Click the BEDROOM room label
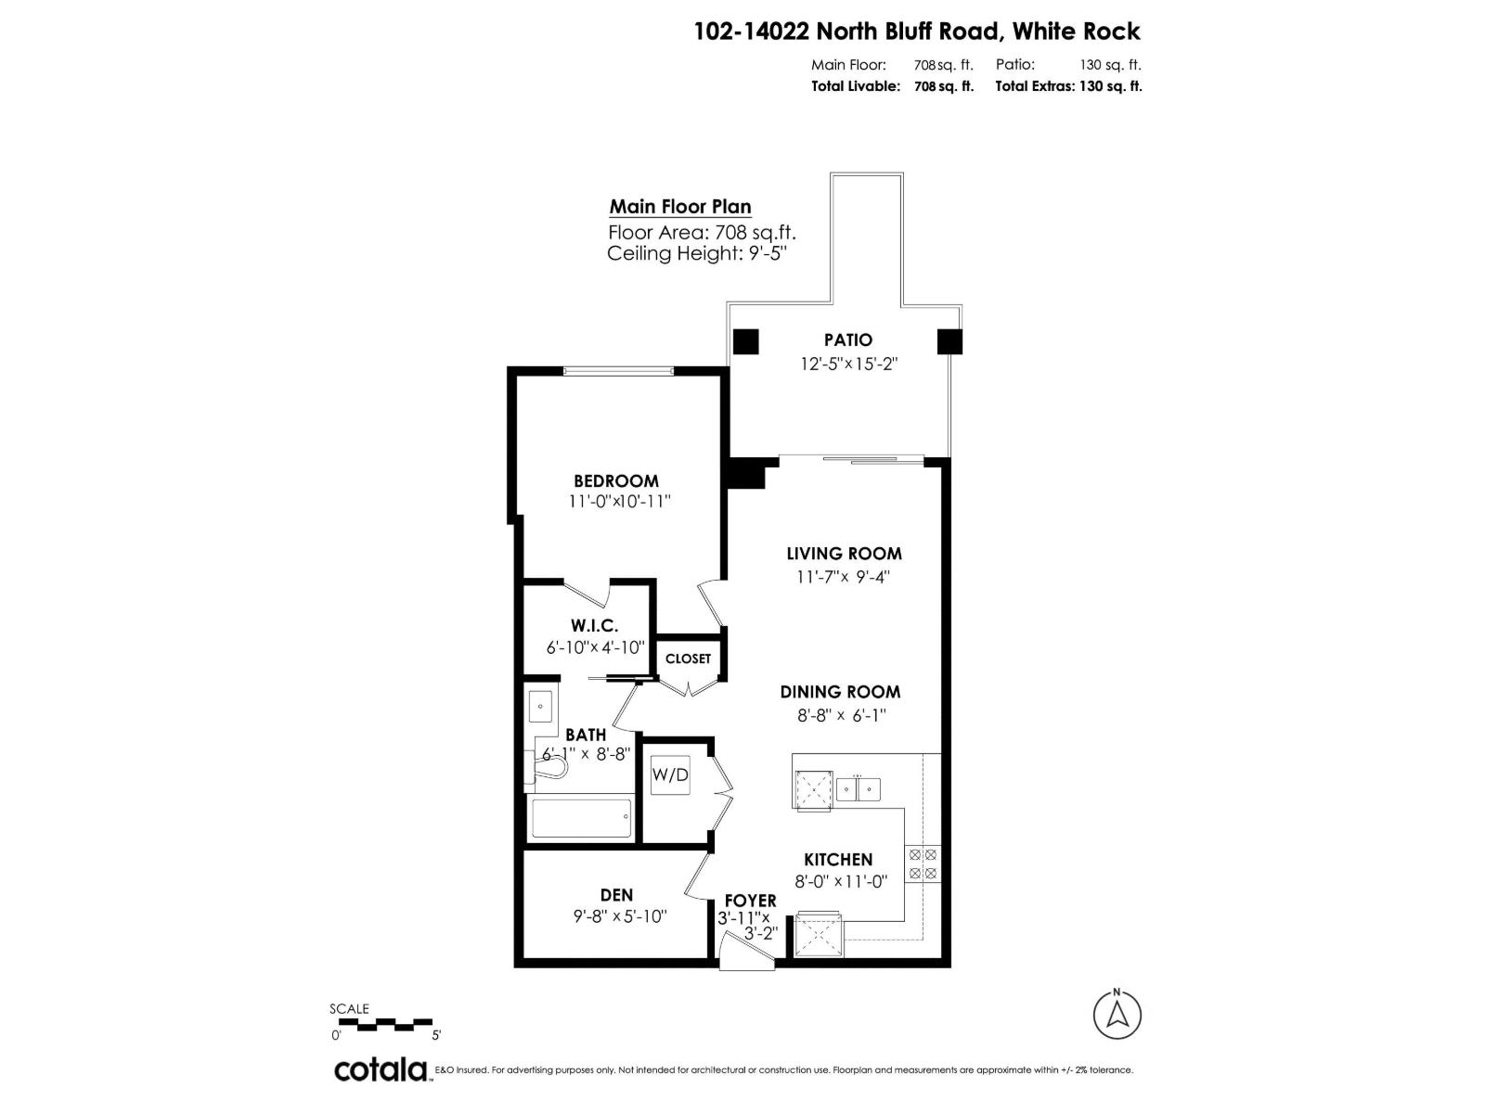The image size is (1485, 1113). click(x=616, y=480)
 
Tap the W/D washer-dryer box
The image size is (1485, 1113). click(x=670, y=774)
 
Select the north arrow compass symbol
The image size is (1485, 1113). click(x=1117, y=1015)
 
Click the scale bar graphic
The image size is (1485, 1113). click(x=385, y=1025)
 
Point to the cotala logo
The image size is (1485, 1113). click(x=381, y=1069)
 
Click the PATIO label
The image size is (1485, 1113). click(x=848, y=340)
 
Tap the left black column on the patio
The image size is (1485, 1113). click(x=746, y=341)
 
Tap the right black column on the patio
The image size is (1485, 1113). click(x=949, y=341)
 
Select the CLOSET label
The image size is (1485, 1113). click(x=688, y=659)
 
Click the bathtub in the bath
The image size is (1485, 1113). click(x=581, y=819)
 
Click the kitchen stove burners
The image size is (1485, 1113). click(x=923, y=864)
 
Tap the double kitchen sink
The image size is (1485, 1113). click(x=859, y=789)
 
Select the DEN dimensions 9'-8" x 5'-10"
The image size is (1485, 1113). click(x=620, y=917)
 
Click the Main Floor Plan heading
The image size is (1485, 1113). click(x=680, y=207)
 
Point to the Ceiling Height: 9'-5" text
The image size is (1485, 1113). click(x=697, y=254)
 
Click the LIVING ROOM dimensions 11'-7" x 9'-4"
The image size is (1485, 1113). click(x=844, y=577)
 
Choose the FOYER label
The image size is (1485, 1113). click(x=750, y=901)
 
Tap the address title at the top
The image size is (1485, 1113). click(x=917, y=32)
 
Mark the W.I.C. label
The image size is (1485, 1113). click(x=595, y=626)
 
